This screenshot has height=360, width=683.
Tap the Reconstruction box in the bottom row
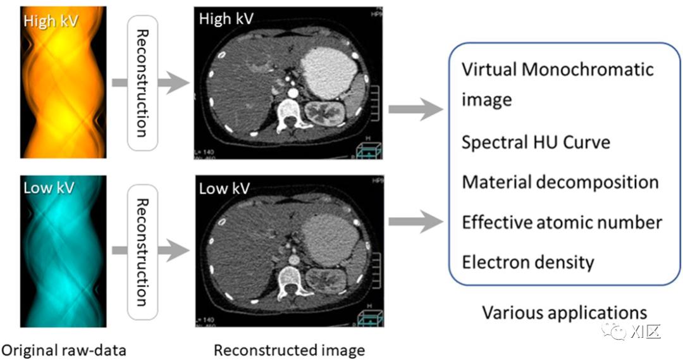[x=143, y=252]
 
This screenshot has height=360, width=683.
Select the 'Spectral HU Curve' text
[x=536, y=142]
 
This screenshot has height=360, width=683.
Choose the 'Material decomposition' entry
[x=560, y=182]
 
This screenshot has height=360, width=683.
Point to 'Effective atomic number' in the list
[x=562, y=223]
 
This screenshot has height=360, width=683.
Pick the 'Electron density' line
[x=528, y=262]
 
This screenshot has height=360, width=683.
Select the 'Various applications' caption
[x=565, y=313]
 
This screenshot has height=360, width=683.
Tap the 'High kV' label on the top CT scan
[x=226, y=19]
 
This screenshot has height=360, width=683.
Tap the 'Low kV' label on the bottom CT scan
[x=225, y=188]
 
